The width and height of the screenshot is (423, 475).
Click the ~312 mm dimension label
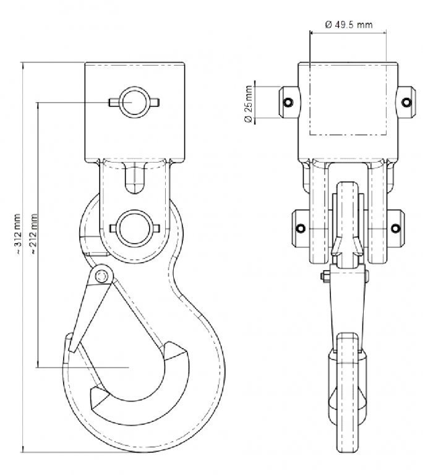(x=17, y=234)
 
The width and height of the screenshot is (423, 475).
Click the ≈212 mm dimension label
(x=33, y=234)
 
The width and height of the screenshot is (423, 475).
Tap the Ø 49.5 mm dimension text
(x=349, y=24)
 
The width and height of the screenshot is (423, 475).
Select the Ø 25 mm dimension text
(x=248, y=104)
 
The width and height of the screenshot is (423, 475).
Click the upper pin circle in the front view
(x=135, y=102)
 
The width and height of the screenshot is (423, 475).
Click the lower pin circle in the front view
(x=135, y=228)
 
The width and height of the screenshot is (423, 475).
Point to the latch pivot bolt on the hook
(x=101, y=276)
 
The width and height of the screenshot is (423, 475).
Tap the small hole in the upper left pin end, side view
(x=288, y=102)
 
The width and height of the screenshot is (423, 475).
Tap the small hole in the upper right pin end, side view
(x=406, y=102)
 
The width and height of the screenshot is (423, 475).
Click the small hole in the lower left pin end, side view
(x=301, y=228)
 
